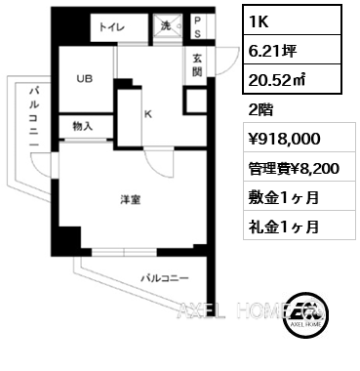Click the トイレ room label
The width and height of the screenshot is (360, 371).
pos(110,27)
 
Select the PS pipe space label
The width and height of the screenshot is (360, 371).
pos(197,25)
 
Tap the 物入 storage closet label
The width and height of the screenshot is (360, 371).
pos(83,126)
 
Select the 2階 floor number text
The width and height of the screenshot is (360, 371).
pos(261,108)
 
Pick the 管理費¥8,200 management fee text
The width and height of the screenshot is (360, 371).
pos(293,168)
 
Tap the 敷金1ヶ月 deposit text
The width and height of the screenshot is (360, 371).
pos(283,197)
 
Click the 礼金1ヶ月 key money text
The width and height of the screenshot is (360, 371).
pos(283,227)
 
